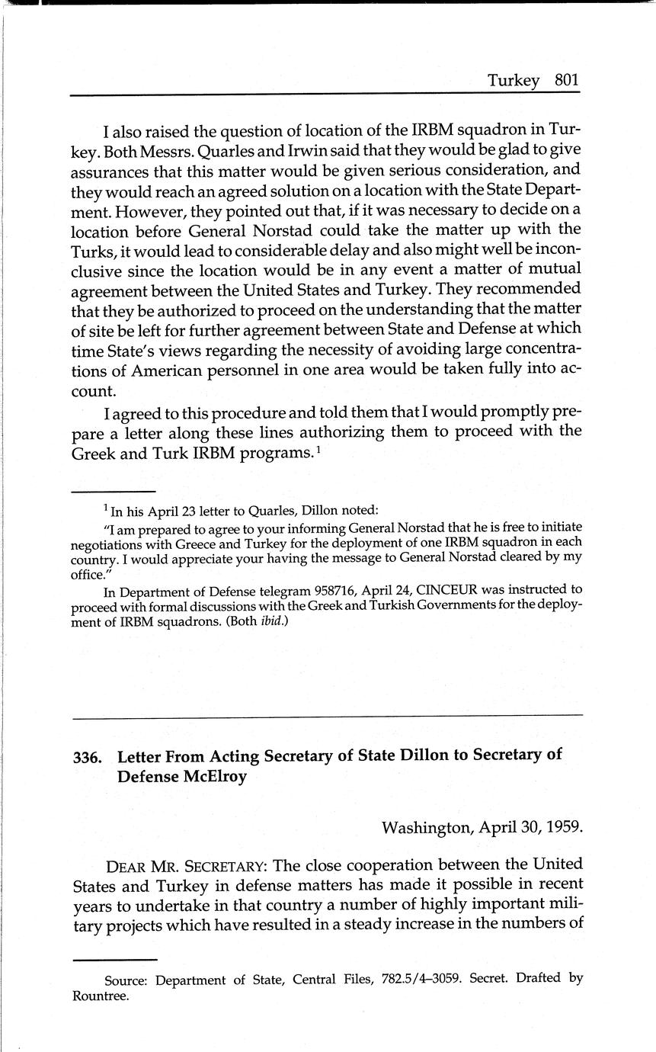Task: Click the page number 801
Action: click(568, 81)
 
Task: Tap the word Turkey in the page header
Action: click(514, 81)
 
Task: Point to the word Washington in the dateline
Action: click(426, 827)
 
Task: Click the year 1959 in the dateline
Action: click(564, 827)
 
